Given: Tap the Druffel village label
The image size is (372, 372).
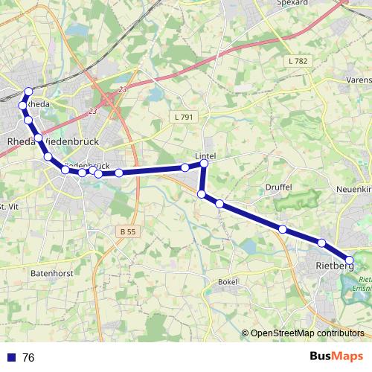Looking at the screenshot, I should [278, 187].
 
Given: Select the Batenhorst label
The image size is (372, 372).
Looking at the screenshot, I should [50, 274].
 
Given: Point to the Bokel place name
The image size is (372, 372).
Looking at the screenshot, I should [227, 282].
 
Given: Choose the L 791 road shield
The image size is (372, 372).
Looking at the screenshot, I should [182, 117].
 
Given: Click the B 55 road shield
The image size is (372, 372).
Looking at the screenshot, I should [127, 232].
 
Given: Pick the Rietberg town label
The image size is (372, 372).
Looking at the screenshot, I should [333, 266].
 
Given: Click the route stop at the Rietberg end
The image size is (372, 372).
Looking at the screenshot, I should [349, 260].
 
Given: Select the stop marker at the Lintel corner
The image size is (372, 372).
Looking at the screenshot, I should [204, 163].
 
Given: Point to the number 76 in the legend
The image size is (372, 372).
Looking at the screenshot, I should [28, 358].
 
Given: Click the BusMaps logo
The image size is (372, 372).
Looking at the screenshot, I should [336, 357].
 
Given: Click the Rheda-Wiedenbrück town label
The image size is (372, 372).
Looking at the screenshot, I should [48, 141].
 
